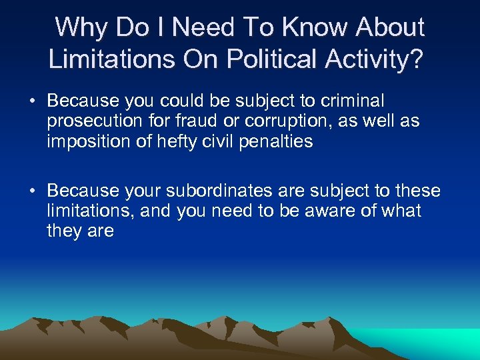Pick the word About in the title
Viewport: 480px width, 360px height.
(391, 28)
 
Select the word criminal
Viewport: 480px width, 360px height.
(354, 101)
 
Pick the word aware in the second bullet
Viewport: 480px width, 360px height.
(331, 211)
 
